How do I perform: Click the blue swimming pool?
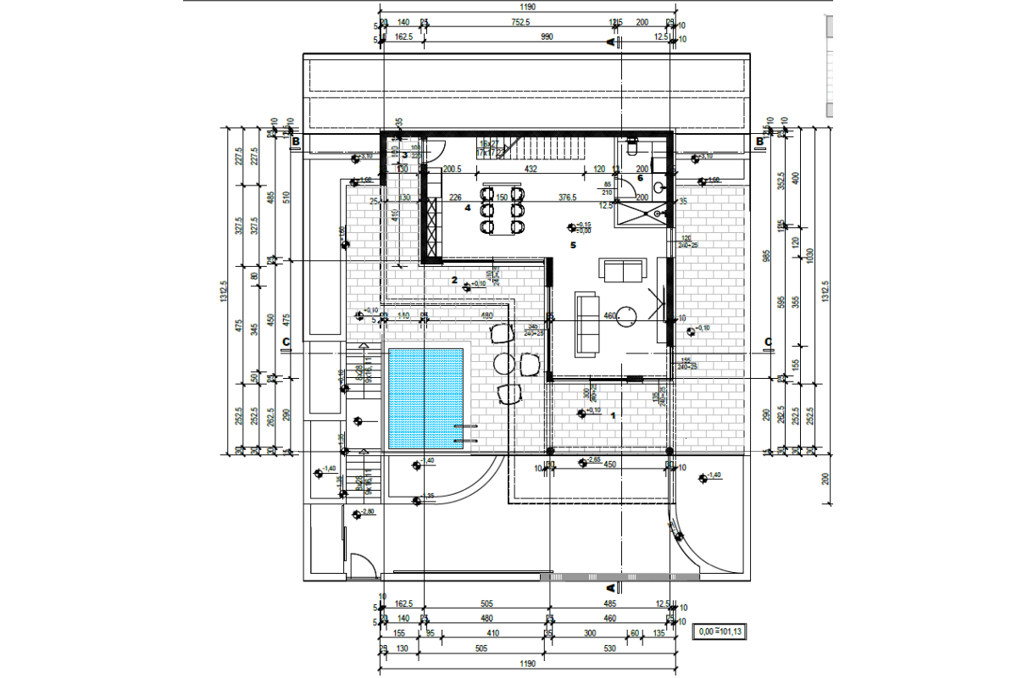[425, 398]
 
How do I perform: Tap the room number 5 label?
[574, 245]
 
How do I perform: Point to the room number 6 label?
[640, 178]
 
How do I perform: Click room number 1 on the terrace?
[613, 415]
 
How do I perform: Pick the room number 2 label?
[455, 280]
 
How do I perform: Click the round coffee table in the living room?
[628, 317]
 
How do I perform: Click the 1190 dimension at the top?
[525, 6]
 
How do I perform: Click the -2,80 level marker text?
[368, 513]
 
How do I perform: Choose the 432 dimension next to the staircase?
[531, 169]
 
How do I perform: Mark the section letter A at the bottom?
[610, 586]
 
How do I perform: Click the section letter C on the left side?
[286, 342]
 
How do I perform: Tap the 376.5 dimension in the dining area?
[567, 198]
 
